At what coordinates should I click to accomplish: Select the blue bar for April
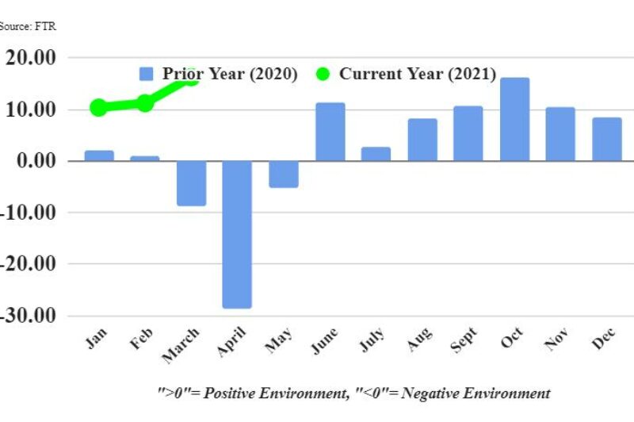point(237,234)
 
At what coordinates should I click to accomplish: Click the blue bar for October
point(514,119)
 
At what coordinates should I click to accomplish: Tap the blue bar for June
point(330,132)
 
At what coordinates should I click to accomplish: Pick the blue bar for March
point(191,183)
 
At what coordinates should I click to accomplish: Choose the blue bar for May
point(284,174)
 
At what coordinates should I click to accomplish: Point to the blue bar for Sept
point(468,133)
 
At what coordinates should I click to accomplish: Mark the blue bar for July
point(376,154)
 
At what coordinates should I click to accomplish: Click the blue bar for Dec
point(606,139)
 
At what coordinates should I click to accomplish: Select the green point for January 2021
point(99,107)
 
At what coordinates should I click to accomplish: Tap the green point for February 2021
point(145,103)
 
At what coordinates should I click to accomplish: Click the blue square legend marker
point(147,74)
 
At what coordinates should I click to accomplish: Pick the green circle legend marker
point(323,74)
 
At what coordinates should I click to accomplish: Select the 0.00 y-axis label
point(35,161)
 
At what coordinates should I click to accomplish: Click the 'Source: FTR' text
point(28,26)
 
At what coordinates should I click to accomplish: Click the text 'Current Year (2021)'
point(417,74)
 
